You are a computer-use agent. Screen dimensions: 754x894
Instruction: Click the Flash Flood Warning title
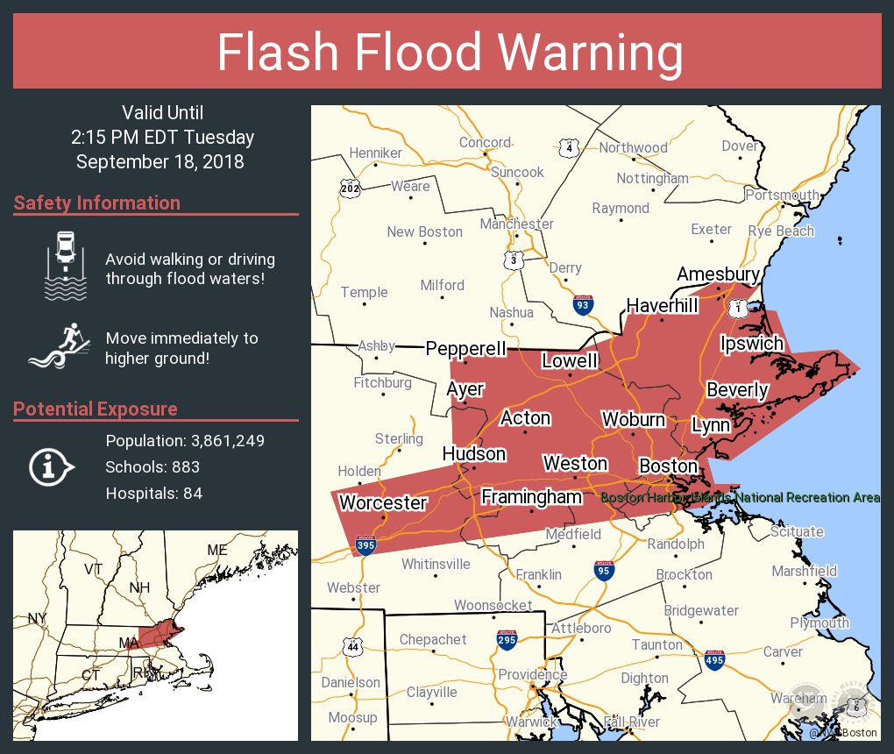450,53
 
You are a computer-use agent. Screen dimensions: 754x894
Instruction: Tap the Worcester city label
382,503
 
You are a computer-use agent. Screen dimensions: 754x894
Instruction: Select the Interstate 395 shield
367,546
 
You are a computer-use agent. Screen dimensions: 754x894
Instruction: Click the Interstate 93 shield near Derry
582,304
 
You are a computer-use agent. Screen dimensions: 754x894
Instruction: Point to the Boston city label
668,466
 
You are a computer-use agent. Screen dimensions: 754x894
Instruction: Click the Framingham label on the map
532,497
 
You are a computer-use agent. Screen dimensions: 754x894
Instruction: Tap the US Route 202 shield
350,187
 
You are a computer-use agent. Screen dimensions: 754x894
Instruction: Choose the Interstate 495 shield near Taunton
715,659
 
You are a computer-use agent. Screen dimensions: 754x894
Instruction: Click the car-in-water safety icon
66,267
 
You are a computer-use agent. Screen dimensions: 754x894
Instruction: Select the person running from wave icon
62,346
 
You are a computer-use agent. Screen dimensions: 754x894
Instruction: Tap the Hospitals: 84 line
154,494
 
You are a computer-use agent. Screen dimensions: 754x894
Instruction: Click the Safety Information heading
97,203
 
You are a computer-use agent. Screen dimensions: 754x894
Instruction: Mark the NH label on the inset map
139,587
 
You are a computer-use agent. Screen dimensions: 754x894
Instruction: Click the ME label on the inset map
216,550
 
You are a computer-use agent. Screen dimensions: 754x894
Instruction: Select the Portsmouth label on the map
782,195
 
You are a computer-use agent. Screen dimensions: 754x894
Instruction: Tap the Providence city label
532,675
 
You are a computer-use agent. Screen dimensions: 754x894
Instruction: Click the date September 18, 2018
160,162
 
